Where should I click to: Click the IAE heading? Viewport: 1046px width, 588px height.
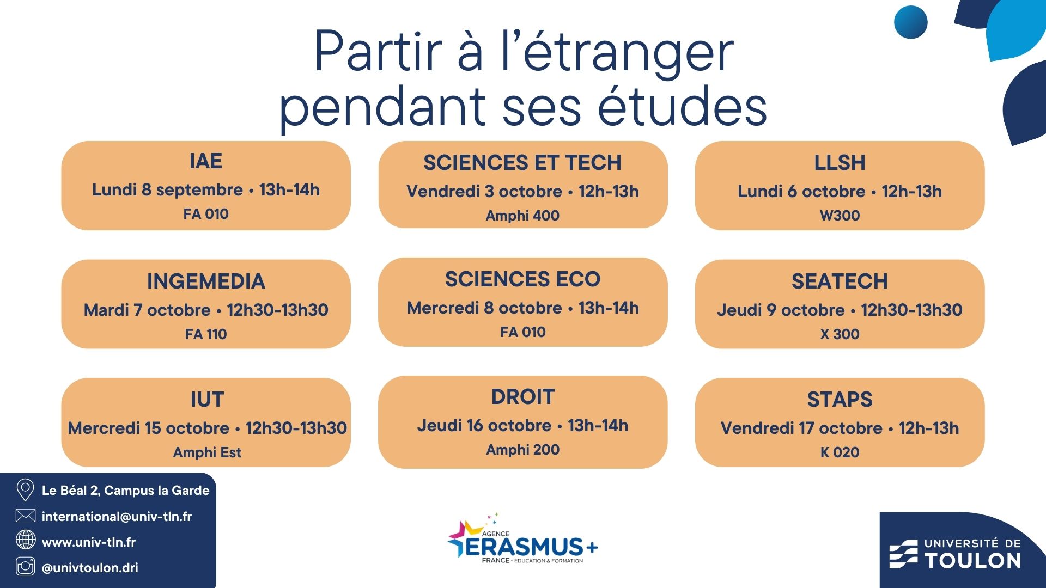pyautogui.click(x=206, y=161)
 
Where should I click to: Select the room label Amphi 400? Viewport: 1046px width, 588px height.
pyautogui.click(x=522, y=216)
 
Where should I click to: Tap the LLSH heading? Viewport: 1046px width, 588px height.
pyautogui.click(x=840, y=163)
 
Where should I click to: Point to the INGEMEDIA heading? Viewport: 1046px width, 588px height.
pyautogui.click(x=206, y=281)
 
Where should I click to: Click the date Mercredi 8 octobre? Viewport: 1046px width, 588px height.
pyautogui.click(x=484, y=308)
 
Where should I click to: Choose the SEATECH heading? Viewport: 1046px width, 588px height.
pyautogui.click(x=840, y=281)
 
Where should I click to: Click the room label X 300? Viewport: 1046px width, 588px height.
pyautogui.click(x=840, y=334)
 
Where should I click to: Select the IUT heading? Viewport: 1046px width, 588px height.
pyautogui.click(x=207, y=400)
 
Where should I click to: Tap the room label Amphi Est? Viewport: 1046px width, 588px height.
pyautogui.click(x=207, y=452)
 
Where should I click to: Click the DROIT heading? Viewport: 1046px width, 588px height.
pyautogui.click(x=522, y=397)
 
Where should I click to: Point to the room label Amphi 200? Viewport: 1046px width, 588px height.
pyautogui.click(x=522, y=450)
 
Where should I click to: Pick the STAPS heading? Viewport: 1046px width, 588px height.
pyautogui.click(x=840, y=400)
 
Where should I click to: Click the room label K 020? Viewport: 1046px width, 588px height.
pyautogui.click(x=840, y=452)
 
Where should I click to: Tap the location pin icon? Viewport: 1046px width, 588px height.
pyautogui.click(x=25, y=490)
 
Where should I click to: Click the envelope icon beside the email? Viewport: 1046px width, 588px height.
pyautogui.click(x=26, y=516)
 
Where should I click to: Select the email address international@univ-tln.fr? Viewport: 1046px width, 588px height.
pyautogui.click(x=117, y=516)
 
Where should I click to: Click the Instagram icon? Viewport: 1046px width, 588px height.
pyautogui.click(x=26, y=567)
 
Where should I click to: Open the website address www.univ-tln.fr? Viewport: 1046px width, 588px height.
pyautogui.click(x=89, y=542)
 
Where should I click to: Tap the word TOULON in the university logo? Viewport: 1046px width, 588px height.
pyautogui.click(x=972, y=560)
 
